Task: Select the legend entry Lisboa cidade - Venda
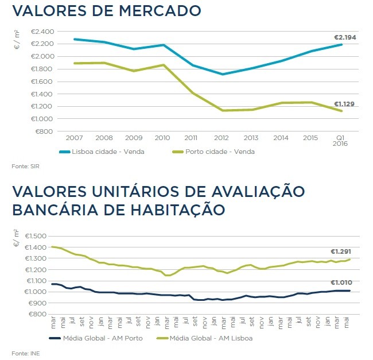(x=100, y=152)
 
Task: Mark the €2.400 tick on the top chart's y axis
(x=42, y=31)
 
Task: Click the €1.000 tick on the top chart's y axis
(x=42, y=119)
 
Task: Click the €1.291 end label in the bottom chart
(x=341, y=251)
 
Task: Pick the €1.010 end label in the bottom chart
(x=341, y=282)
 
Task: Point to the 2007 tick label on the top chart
(x=74, y=139)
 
